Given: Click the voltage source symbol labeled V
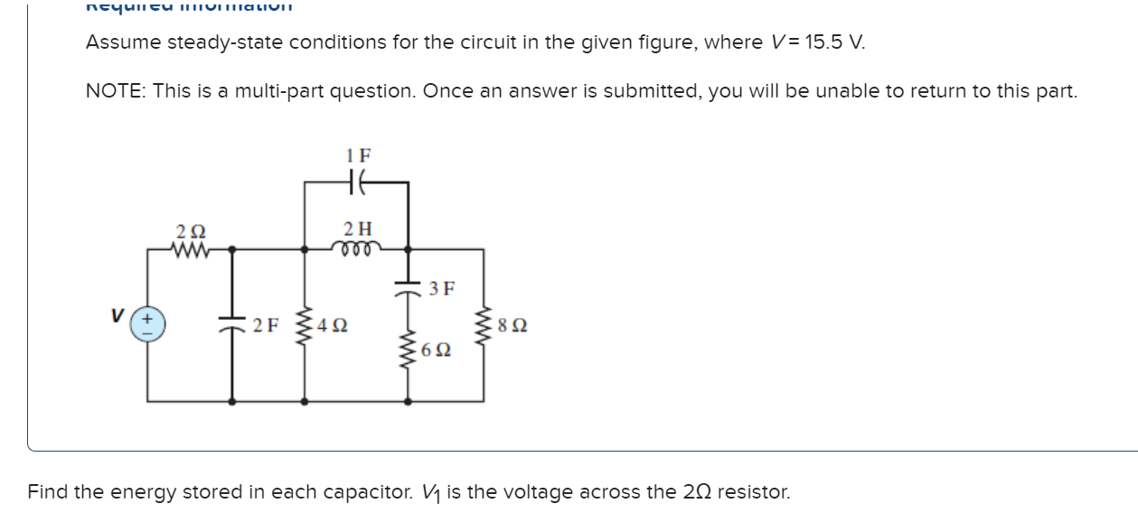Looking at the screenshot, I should tap(148, 324).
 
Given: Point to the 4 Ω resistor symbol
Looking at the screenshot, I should tap(304, 324).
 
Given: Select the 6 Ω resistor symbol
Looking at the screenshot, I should tap(408, 348).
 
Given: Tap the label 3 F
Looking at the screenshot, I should tap(442, 289).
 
